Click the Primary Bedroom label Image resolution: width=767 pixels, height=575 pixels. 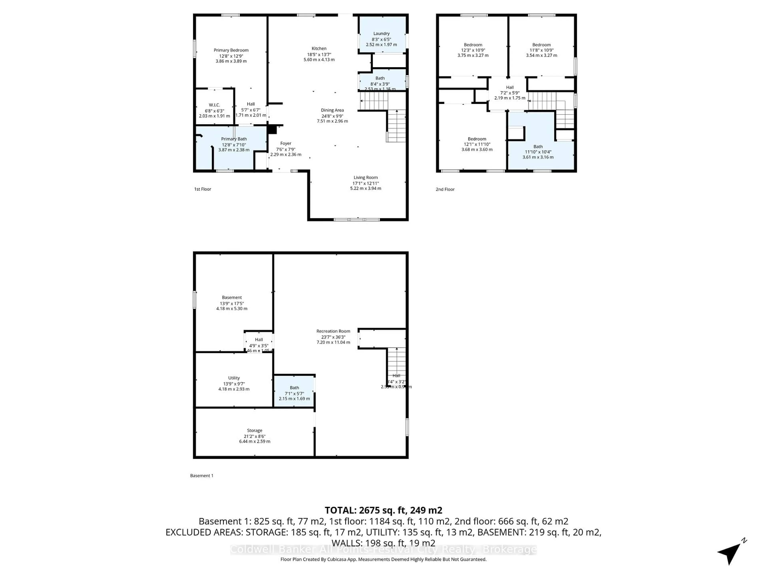[x=231, y=50]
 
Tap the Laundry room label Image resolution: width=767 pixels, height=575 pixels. [x=381, y=34]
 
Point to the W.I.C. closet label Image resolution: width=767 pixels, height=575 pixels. [x=214, y=105]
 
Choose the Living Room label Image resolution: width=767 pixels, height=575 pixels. [x=366, y=177]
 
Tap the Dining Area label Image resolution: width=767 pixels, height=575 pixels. [x=332, y=110]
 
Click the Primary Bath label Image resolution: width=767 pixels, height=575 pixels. [x=234, y=139]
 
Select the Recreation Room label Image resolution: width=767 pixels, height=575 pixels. [x=333, y=331]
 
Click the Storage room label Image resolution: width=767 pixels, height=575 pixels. [x=254, y=430]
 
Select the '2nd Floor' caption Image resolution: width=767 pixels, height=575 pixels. [x=445, y=189]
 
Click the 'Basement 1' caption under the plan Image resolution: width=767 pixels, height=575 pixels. [x=202, y=476]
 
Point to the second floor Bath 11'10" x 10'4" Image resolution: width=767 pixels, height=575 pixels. [x=538, y=147]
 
